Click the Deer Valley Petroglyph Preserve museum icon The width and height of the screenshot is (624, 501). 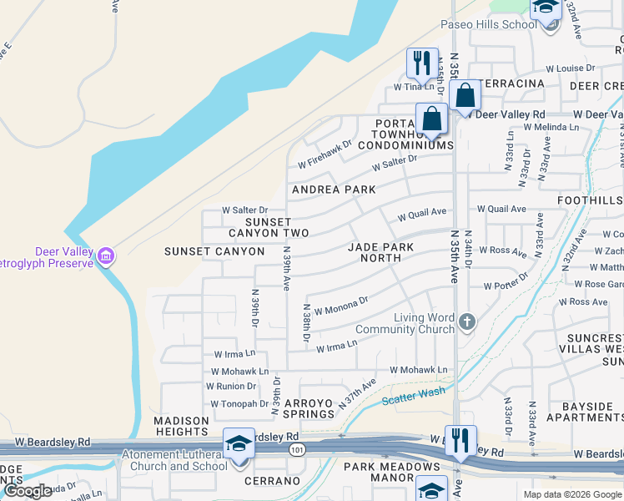(x=105, y=256)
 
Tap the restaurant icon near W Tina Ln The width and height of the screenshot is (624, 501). (x=421, y=63)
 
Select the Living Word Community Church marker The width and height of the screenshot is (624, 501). (x=467, y=321)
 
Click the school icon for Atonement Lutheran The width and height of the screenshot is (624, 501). (x=239, y=443)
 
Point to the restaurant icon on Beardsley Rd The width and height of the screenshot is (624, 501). (x=460, y=440)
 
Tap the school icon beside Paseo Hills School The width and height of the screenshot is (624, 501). (x=546, y=8)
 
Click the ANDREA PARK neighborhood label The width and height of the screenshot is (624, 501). (x=334, y=190)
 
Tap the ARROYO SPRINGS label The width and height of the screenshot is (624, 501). (x=309, y=408)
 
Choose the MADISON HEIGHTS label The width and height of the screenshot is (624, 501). (x=180, y=426)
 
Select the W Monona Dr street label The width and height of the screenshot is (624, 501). (x=340, y=305)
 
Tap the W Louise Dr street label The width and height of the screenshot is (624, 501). (x=571, y=68)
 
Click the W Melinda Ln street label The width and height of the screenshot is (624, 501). (x=551, y=127)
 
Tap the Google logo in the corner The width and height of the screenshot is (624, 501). (x=28, y=491)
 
